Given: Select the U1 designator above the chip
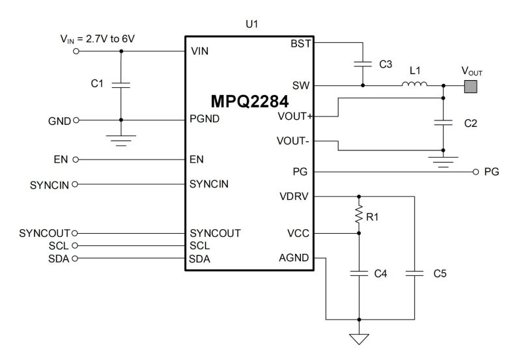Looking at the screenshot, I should pos(251,25).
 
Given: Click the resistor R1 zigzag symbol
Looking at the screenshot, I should pos(358,215).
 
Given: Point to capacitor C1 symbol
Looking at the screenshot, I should pos(121,85).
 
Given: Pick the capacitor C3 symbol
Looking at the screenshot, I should pos(362,64).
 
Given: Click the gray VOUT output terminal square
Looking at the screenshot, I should pos(470,85).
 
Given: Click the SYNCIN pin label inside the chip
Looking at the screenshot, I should pos(208,184).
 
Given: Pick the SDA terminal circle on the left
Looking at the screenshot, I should pos(76,258).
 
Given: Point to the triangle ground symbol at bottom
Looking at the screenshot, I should pos(358,339).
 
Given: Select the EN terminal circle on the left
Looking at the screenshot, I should pos(76,159).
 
